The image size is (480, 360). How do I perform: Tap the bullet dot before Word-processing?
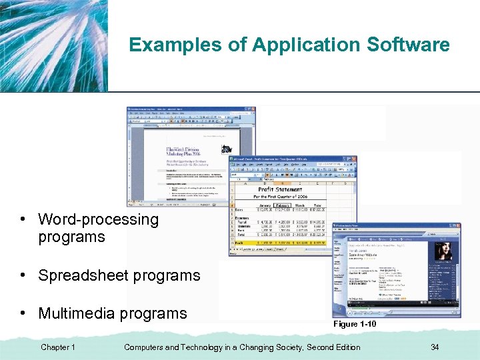point(23,220)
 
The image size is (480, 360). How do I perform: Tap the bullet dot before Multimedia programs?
point(23,314)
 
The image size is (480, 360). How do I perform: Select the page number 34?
point(435,347)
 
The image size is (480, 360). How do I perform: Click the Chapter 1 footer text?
point(58,347)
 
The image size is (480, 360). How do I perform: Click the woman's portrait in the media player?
point(443,251)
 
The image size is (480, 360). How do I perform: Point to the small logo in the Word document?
point(228,149)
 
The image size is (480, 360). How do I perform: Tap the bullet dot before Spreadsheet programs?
point(23,276)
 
